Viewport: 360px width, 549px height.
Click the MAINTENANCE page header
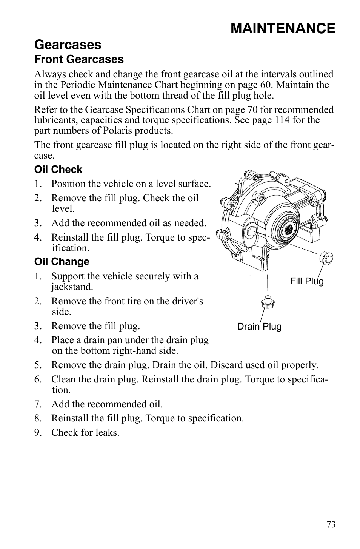click(x=283, y=28)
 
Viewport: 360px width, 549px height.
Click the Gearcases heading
click(x=68, y=45)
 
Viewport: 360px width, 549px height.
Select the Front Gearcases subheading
click(x=79, y=59)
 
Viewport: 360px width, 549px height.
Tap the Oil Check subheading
click(x=58, y=170)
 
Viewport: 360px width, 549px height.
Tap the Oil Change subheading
click(x=62, y=262)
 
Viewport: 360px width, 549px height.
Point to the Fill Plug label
click(x=307, y=281)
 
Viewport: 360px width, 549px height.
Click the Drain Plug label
click(x=259, y=327)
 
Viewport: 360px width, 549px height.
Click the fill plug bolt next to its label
click(x=326, y=258)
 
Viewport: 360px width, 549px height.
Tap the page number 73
click(x=331, y=524)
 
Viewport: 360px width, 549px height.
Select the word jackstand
click(x=72, y=287)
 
